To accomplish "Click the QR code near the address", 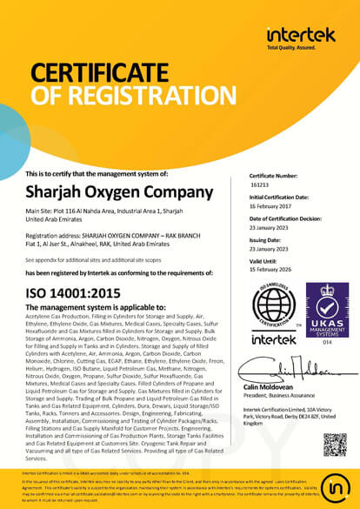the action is click(335, 445).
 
